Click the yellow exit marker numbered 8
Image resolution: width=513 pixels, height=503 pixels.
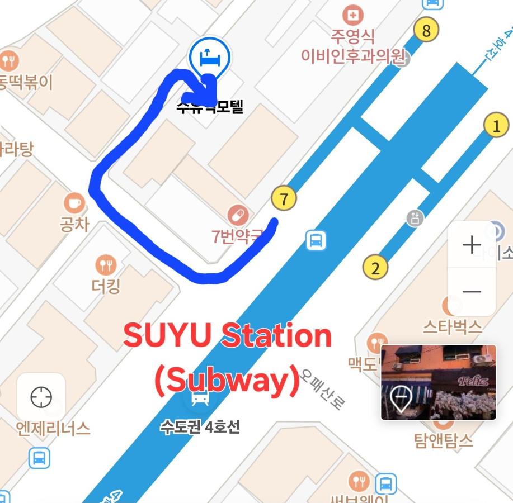[x=426, y=30]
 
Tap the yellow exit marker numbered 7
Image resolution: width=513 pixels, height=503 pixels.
[x=284, y=199]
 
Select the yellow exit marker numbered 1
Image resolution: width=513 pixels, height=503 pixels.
[x=496, y=126]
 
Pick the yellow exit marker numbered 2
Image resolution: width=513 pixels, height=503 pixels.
[x=375, y=268]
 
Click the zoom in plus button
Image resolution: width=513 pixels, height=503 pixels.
[x=472, y=245]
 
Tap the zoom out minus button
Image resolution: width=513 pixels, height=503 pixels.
[x=472, y=291]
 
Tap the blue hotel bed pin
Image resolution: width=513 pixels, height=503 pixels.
[x=209, y=58]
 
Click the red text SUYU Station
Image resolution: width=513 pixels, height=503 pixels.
[x=227, y=336]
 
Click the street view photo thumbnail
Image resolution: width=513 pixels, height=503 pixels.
[x=438, y=382]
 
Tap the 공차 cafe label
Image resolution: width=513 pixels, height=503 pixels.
[x=74, y=225]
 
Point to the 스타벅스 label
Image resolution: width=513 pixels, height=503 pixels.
[x=453, y=326]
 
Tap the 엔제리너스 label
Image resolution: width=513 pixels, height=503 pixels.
[x=53, y=428]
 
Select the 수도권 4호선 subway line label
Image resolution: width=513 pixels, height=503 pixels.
[x=200, y=427]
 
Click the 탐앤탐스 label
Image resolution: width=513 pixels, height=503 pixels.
[x=443, y=440]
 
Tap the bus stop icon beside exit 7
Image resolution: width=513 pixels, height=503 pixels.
[x=316, y=241]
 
